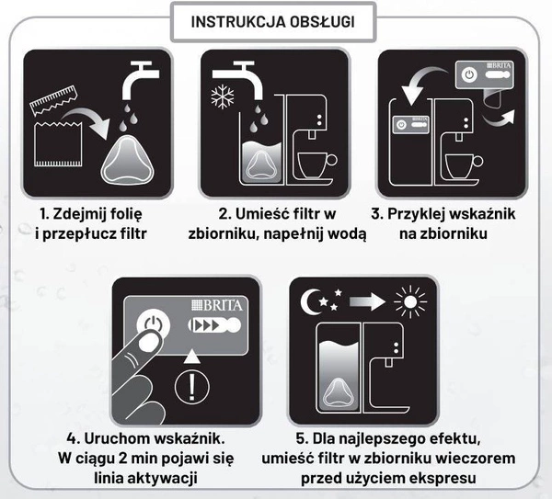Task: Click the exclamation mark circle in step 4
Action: [x=191, y=386]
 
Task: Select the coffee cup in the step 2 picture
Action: [x=315, y=165]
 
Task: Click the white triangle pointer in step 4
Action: [x=191, y=355]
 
